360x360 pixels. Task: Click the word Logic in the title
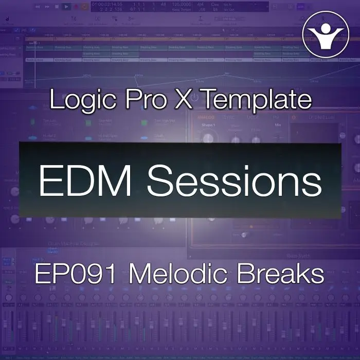(81, 100)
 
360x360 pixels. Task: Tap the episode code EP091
(77, 275)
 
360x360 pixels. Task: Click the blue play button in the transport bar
(67, 7)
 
